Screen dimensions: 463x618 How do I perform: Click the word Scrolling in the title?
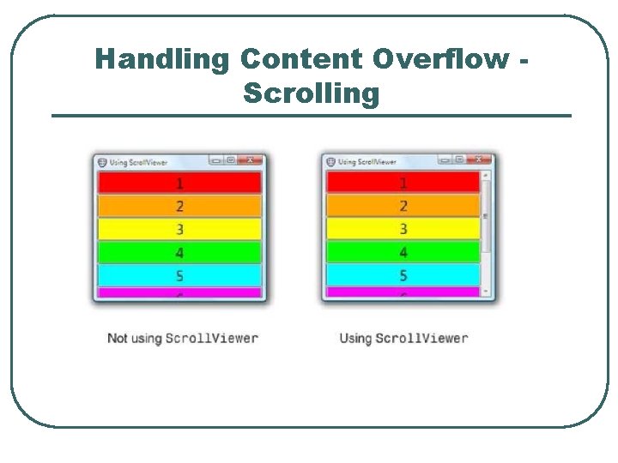pos(311,93)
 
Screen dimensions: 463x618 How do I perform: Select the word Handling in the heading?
pos(162,59)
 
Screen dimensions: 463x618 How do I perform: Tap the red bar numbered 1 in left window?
pos(179,183)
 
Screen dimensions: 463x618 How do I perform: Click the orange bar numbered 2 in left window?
pos(179,206)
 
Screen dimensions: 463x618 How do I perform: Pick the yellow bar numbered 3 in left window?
pos(179,229)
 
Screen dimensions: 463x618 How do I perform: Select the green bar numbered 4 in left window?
pos(179,252)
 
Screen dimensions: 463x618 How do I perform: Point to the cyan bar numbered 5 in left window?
pos(179,275)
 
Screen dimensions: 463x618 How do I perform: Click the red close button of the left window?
pos(251,159)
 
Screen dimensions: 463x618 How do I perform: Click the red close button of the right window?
pos(479,159)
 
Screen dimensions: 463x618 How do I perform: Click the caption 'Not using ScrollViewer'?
pos(182,338)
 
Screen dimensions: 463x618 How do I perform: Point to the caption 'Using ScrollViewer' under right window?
pos(403,338)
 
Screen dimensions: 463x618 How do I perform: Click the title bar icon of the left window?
pos(102,161)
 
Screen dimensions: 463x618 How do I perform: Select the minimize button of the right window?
pos(445,159)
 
